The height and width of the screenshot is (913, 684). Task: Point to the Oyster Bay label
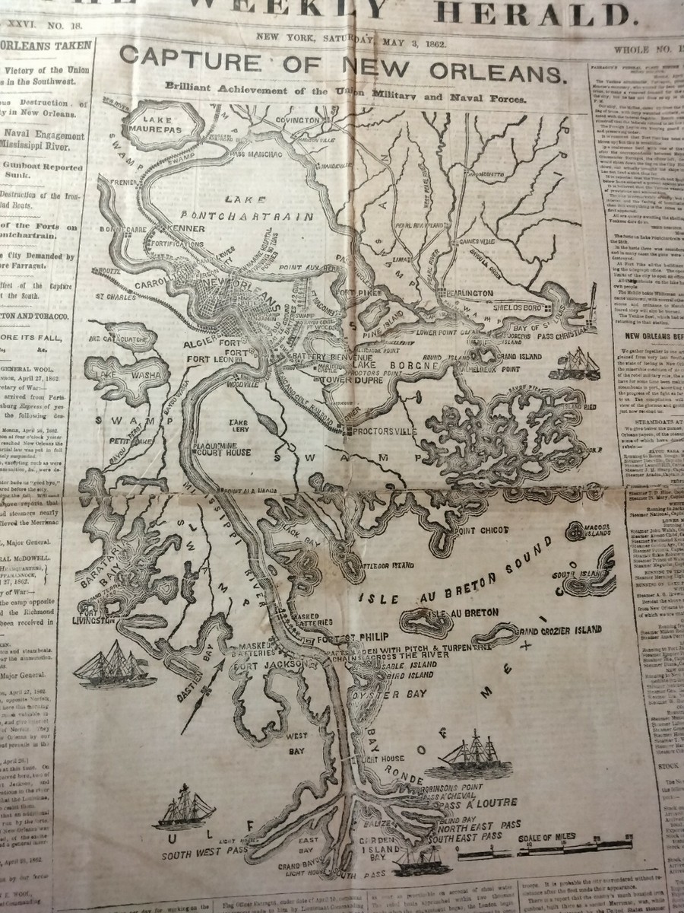378,695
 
